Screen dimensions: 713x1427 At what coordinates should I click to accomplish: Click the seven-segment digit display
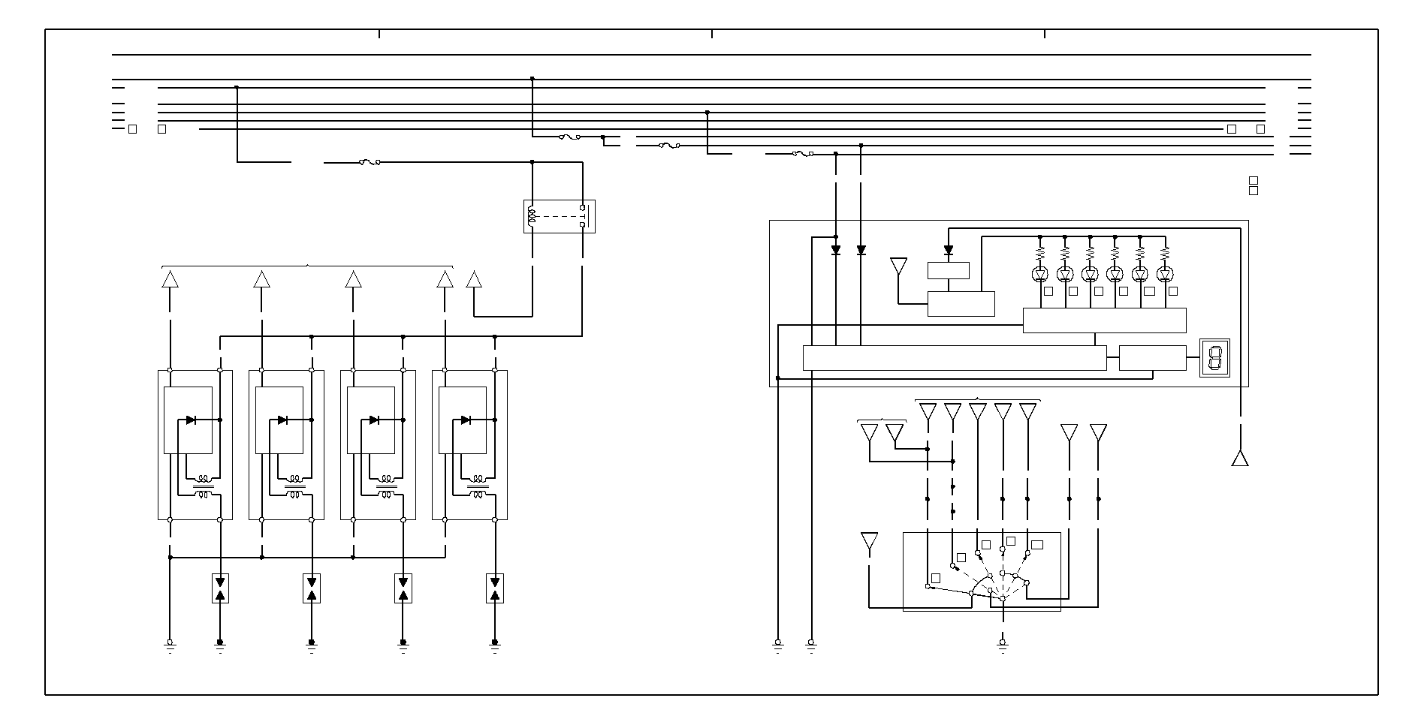[1214, 357]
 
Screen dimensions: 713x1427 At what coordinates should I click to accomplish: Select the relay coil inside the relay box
[532, 217]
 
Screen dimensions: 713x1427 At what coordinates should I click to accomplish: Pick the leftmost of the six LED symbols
[1040, 274]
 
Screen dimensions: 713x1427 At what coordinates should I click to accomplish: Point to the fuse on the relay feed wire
[369, 162]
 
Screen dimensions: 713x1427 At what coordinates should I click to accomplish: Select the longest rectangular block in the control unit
[954, 358]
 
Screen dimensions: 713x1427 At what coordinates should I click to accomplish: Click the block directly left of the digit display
[1152, 358]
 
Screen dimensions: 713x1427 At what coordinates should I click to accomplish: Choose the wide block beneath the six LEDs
[1104, 320]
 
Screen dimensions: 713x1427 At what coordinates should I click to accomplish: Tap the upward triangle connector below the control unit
[1240, 458]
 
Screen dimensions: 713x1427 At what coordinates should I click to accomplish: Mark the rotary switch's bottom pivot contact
[1003, 598]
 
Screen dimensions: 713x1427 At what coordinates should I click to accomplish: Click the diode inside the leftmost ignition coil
[191, 420]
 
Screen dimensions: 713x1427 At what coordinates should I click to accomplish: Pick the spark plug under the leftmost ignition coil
[220, 588]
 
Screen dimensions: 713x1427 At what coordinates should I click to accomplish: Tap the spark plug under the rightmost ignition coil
[495, 588]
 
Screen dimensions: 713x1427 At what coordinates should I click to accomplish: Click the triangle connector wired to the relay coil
[474, 280]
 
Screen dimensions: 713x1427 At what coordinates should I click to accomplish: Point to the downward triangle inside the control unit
[898, 266]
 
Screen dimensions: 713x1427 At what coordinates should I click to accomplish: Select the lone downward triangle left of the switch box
[869, 541]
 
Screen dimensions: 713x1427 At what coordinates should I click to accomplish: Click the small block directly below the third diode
[949, 270]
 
